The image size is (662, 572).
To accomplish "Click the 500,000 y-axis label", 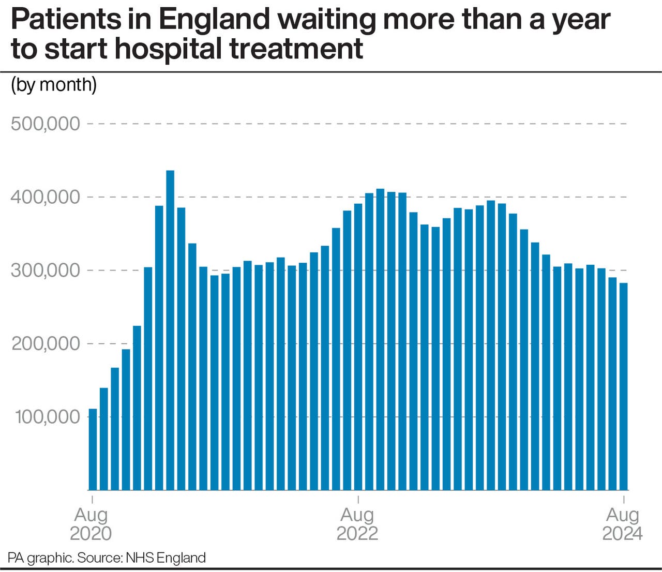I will (x=46, y=124).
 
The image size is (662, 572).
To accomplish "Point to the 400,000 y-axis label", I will (x=46, y=197).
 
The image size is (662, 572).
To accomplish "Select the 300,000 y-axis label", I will (x=46, y=270).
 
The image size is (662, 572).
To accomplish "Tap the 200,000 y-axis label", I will (x=46, y=343).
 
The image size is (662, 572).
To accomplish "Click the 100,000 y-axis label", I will (x=48, y=417).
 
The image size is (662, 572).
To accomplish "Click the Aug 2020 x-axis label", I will (x=91, y=524).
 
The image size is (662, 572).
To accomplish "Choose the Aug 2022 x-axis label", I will (x=357, y=524).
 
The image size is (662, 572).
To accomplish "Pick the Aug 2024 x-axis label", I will (x=623, y=524).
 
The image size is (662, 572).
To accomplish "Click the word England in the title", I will (x=214, y=20).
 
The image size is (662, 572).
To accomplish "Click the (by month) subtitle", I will (x=54, y=84).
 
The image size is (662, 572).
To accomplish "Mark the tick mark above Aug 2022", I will (x=358, y=499).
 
